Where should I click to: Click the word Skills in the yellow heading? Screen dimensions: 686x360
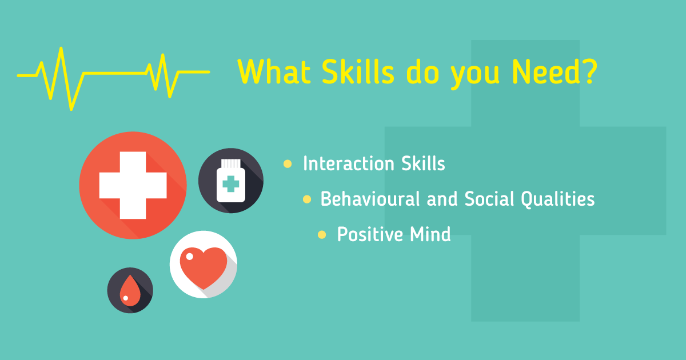358,71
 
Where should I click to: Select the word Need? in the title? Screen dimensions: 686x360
555,71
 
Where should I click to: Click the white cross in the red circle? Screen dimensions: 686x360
133,185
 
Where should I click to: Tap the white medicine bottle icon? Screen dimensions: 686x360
231,181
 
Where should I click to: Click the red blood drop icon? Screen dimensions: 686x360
130,290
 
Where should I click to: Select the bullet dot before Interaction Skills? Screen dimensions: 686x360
288,164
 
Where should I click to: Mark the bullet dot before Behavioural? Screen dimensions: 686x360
307,199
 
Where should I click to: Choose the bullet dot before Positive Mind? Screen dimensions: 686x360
322,235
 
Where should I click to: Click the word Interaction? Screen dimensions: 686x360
349,163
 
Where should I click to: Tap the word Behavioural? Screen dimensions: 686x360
370,199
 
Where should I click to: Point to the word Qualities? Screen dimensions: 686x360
558,199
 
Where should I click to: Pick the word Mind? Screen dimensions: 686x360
430,234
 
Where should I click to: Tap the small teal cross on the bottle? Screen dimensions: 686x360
230,183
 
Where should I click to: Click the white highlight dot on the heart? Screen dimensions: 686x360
190,257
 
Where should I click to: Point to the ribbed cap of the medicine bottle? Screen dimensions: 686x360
231,164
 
